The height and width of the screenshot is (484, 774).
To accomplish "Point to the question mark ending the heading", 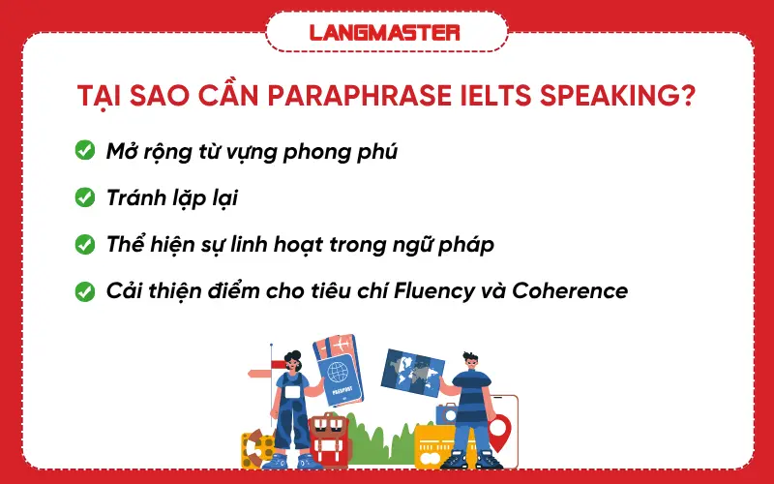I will (688, 100).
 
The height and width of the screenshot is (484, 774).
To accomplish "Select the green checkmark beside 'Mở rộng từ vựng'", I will (84, 151).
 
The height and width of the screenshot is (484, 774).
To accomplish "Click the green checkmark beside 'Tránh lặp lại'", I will (84, 197).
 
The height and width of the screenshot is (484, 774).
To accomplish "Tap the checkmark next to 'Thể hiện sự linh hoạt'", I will (84, 244).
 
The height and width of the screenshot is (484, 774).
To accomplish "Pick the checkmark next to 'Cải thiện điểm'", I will (84, 290).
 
